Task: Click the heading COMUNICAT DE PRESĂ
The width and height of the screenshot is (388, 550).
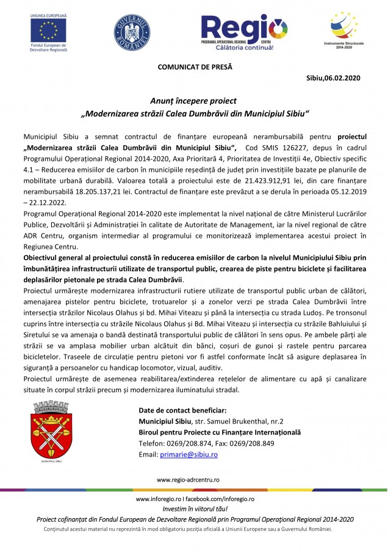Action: (x=195, y=66)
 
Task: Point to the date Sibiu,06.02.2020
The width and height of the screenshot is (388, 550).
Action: (x=334, y=78)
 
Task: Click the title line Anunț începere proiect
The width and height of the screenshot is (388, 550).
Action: (x=193, y=101)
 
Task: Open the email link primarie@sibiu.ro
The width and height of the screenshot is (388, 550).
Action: (x=189, y=455)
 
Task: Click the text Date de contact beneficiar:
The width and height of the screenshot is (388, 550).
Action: (x=182, y=409)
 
